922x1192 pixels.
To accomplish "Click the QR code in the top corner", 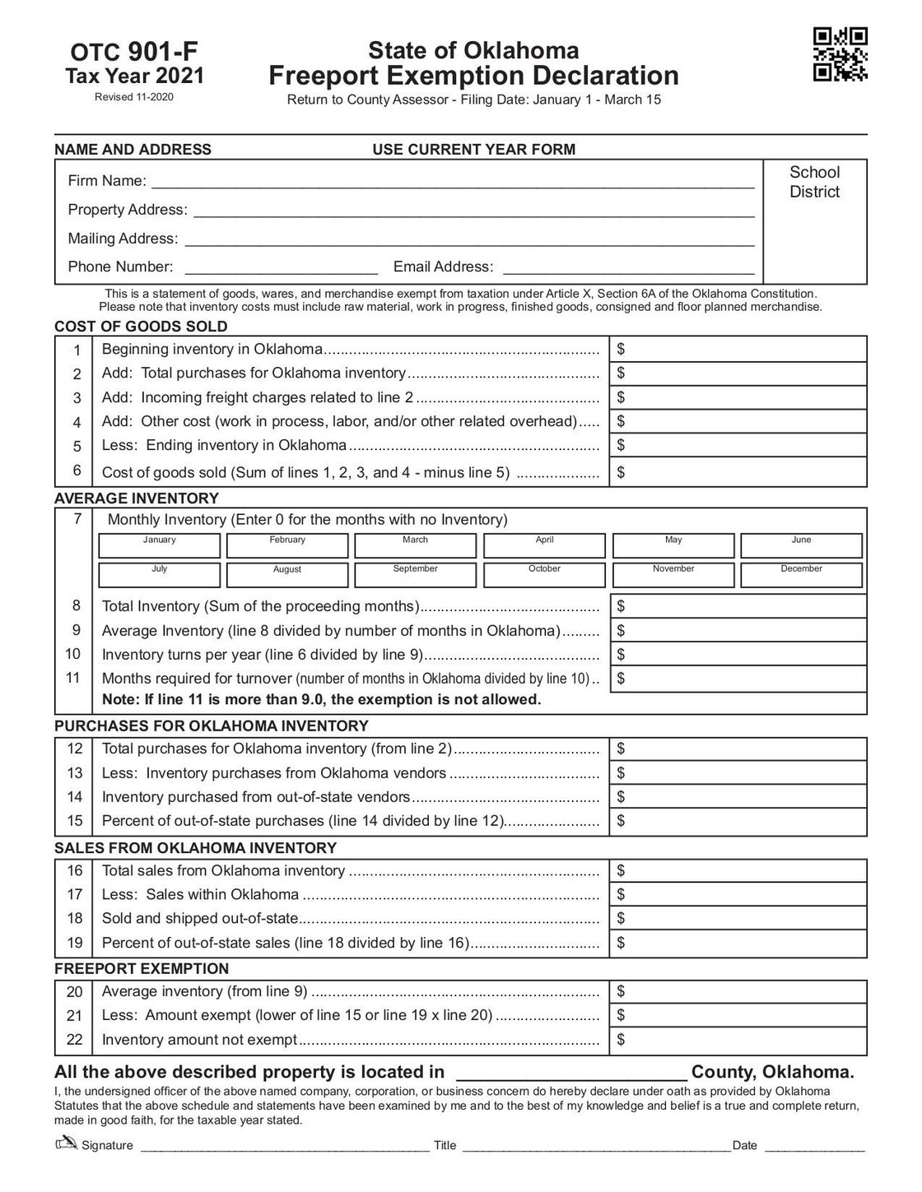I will [840, 54].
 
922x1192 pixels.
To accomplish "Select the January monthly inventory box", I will [159, 546].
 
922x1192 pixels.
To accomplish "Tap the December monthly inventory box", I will [801, 574].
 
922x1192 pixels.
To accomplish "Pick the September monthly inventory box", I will [415, 574].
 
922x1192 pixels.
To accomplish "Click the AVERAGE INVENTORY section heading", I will [137, 498].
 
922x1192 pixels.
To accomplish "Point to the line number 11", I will [74, 678].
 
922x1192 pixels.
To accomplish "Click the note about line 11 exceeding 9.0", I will [321, 700].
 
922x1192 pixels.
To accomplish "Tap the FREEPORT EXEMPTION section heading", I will [142, 968].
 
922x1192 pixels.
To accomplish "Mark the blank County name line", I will [570, 1073].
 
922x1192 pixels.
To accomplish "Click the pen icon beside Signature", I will [65, 1143].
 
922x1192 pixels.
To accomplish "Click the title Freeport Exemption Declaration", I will [473, 76].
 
